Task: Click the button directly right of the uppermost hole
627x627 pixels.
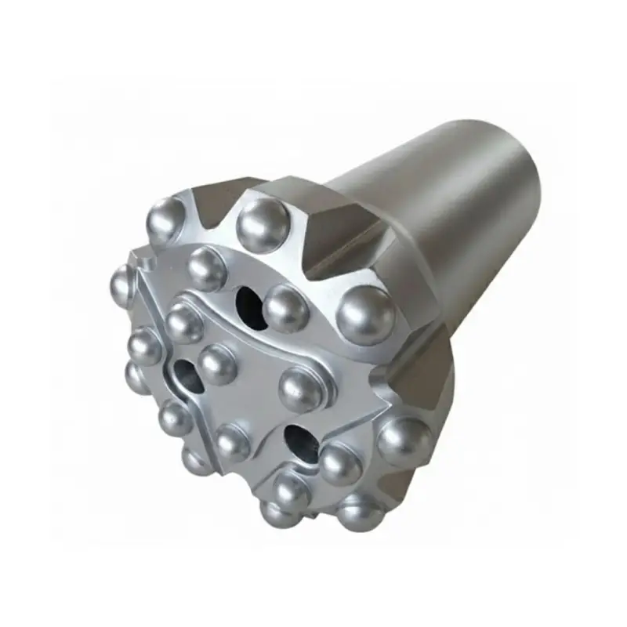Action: (x=285, y=307)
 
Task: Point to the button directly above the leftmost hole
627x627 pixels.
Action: (x=185, y=322)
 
